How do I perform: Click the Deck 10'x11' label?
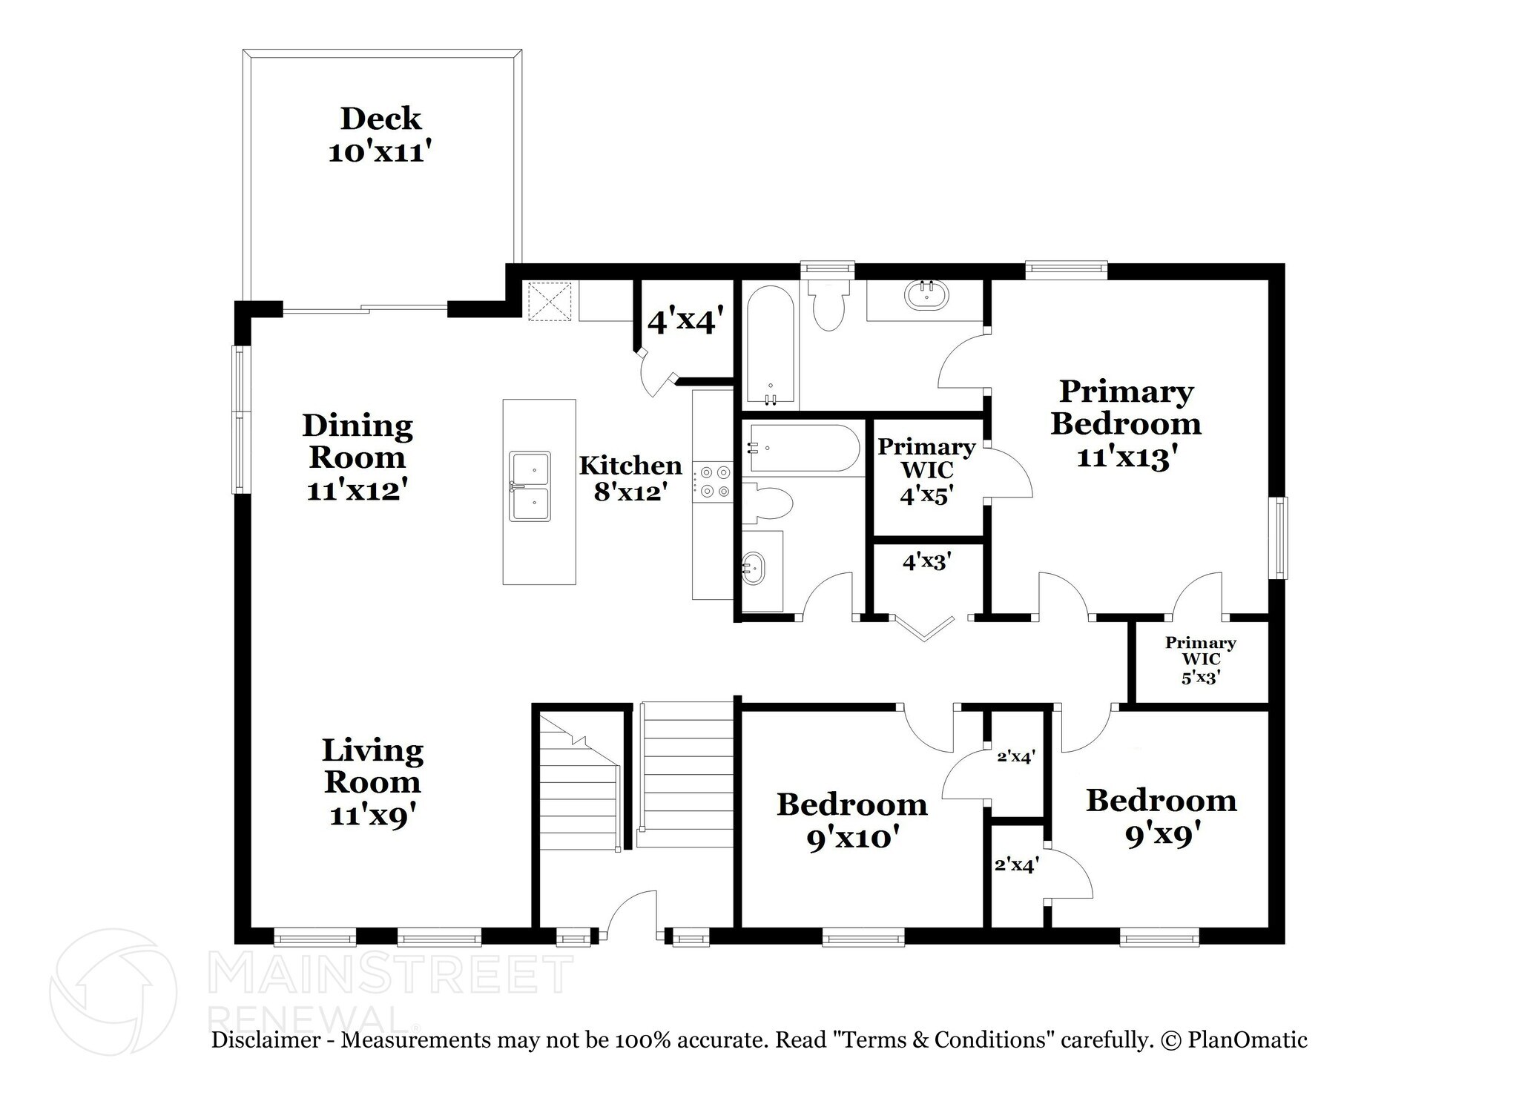[380, 135]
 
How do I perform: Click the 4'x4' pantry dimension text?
[685, 322]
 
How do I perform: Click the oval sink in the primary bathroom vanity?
[926, 296]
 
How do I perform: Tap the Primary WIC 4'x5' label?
[926, 471]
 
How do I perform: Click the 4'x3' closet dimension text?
[926, 562]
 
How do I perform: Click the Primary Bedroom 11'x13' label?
[1126, 423]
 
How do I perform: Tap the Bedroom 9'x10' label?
[852, 820]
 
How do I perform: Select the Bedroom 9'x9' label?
[1162, 817]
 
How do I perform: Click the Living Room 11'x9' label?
[372, 782]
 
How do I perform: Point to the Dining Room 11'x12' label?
[357, 457]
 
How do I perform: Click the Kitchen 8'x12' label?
[630, 477]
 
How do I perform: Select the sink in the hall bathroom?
[754, 568]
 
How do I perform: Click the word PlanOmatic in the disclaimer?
[1248, 1040]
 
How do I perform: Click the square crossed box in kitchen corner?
[549, 301]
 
